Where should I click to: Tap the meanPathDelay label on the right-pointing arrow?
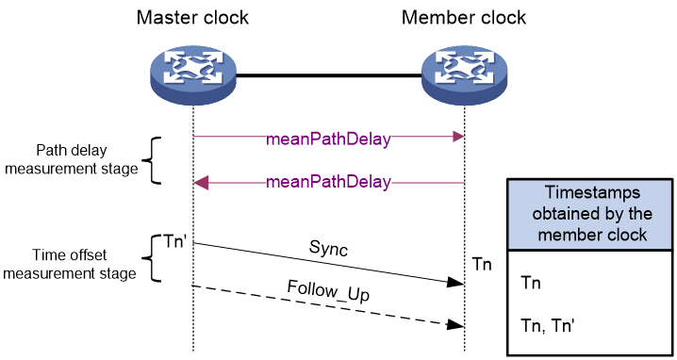(328, 137)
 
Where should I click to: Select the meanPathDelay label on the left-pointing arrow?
(328, 182)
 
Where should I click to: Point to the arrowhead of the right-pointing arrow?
(459, 137)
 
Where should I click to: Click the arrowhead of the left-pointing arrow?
(200, 182)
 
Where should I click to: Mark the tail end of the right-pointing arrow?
(195, 137)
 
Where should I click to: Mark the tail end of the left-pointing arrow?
(465, 182)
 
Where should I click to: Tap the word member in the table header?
(570, 235)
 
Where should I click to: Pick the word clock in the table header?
(626, 235)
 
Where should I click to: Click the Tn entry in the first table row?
(531, 283)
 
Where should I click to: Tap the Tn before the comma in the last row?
(531, 323)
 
